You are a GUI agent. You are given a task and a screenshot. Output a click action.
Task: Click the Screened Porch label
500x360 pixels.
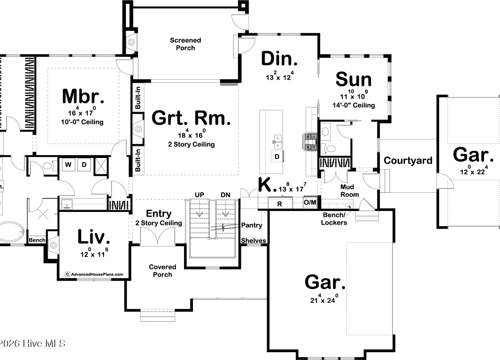[185, 44]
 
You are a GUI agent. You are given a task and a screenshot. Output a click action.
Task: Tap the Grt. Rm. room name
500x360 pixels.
[191, 118]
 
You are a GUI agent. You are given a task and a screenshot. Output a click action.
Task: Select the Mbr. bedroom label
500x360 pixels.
[83, 96]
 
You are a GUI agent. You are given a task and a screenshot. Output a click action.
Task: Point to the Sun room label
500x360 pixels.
[354, 79]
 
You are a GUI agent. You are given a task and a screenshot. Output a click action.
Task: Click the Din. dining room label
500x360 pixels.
[279, 58]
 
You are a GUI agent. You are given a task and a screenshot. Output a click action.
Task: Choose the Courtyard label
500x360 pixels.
[408, 160]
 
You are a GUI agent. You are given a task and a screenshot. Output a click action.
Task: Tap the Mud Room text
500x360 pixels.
[350, 191]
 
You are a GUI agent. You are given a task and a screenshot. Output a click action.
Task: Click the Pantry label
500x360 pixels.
[252, 225]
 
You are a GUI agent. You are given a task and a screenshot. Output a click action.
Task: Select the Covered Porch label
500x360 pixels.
[163, 271]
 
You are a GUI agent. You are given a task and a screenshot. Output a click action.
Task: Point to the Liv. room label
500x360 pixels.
[94, 237]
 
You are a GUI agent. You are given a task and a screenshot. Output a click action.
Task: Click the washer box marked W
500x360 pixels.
[68, 165]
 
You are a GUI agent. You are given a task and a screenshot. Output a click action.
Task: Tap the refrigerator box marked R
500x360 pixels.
[280, 203]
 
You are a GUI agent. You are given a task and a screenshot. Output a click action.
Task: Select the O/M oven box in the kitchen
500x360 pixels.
[310, 202]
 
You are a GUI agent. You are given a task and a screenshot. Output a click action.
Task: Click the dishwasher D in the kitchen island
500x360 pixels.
[277, 156]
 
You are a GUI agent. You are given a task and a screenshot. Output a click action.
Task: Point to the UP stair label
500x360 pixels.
[199, 195]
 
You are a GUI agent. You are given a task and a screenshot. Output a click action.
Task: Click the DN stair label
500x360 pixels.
[225, 195]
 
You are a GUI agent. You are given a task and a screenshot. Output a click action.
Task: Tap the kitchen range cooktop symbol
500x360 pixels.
[310, 142]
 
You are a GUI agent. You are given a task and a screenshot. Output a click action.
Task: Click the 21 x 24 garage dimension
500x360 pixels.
[324, 299]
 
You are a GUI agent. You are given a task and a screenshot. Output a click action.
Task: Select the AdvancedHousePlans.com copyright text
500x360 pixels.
[94, 274]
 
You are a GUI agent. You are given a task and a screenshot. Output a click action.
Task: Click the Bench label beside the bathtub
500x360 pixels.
[37, 240]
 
